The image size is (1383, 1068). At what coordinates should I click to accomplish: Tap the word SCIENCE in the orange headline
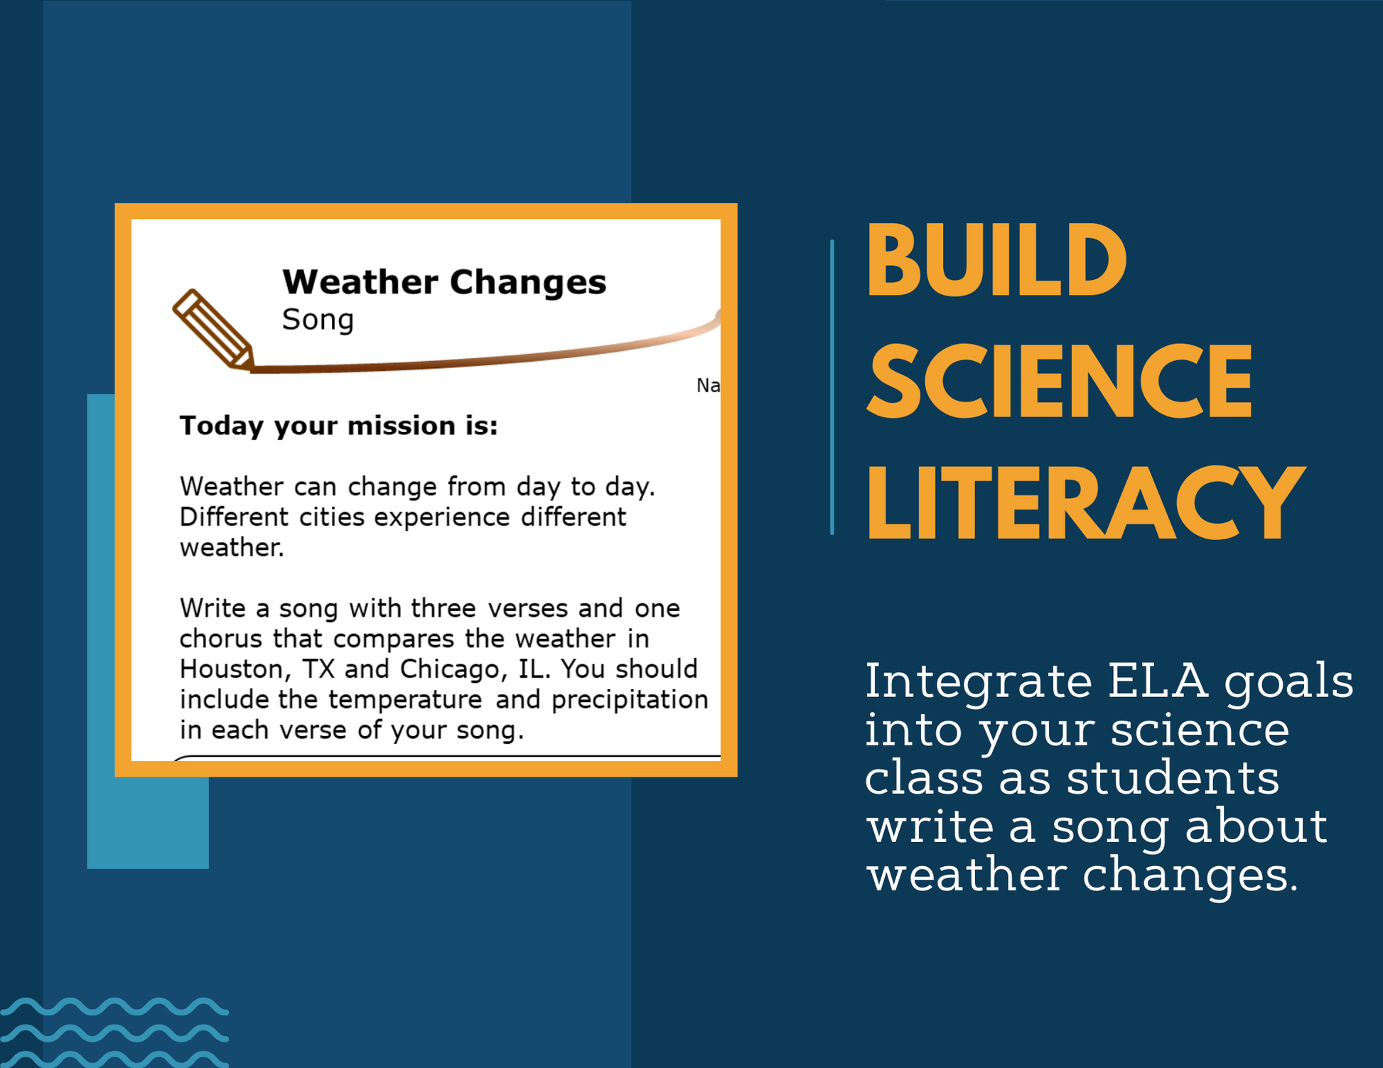pyautogui.click(x=1060, y=382)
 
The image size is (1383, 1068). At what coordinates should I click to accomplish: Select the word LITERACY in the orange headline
pyautogui.click(x=1086, y=502)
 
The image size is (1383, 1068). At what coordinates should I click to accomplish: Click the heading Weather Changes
pyautogui.click(x=444, y=282)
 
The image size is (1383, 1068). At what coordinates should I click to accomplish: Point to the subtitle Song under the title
pyautogui.click(x=318, y=320)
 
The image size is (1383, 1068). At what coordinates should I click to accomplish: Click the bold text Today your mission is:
pyautogui.click(x=338, y=426)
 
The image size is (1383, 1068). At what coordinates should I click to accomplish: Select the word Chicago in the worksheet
pyautogui.click(x=449, y=669)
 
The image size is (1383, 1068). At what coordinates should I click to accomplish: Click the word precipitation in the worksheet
pyautogui.click(x=630, y=700)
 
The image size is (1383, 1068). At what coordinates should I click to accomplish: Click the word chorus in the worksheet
pyautogui.click(x=221, y=639)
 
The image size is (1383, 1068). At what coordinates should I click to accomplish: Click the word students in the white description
pyautogui.click(x=1173, y=777)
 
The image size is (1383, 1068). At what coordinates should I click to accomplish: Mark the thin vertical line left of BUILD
pyautogui.click(x=832, y=387)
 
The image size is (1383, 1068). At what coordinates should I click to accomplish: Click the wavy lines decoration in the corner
pyautogui.click(x=114, y=1032)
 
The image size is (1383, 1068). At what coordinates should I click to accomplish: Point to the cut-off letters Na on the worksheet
pyautogui.click(x=708, y=385)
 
